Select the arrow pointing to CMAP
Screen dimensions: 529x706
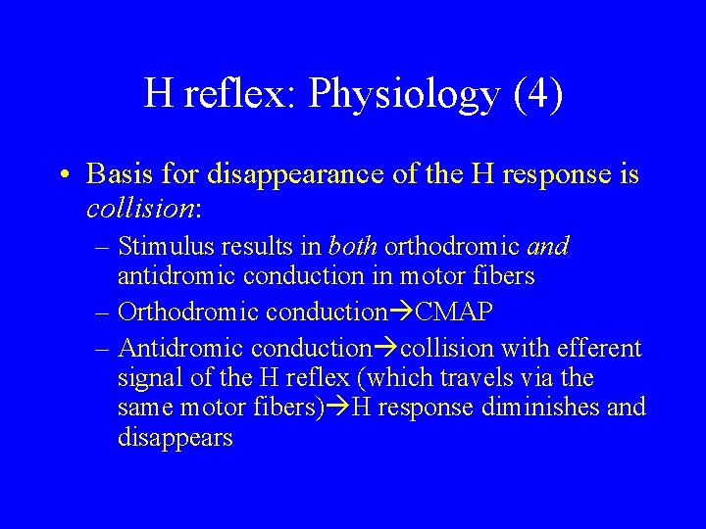tap(402, 313)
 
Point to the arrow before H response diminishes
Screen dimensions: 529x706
tap(338, 408)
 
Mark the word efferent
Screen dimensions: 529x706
tap(600, 348)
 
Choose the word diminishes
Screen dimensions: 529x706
tap(549, 408)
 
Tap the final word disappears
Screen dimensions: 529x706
tap(175, 437)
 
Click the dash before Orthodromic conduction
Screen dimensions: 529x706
tap(103, 313)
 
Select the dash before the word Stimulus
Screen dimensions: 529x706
tap(103, 246)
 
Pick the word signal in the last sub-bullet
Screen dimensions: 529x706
tap(149, 377)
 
